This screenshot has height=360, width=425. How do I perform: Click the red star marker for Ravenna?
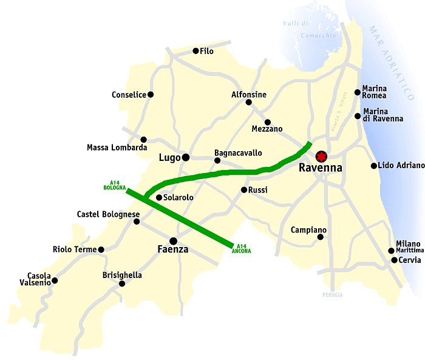click(321, 155)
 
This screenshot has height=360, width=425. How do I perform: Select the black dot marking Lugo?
click(186, 158)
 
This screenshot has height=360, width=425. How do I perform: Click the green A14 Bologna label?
click(114, 185)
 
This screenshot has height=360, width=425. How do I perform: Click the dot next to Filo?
click(195, 51)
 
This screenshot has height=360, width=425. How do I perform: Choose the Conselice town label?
click(129, 95)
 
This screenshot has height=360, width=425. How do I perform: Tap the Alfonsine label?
click(249, 95)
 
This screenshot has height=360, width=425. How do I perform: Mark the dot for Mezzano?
click(267, 122)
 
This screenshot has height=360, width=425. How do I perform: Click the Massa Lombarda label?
click(117, 148)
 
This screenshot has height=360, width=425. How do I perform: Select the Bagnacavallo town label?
click(238, 153)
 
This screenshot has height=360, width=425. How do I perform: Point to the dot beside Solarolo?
click(159, 197)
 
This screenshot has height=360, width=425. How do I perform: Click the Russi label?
click(258, 190)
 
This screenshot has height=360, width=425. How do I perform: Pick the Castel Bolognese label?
click(109, 214)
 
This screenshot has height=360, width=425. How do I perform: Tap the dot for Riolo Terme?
click(101, 250)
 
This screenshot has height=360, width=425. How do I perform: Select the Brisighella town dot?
click(122, 284)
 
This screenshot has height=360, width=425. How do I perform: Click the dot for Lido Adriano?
click(374, 166)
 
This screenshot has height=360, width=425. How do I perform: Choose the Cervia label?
click(410, 260)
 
